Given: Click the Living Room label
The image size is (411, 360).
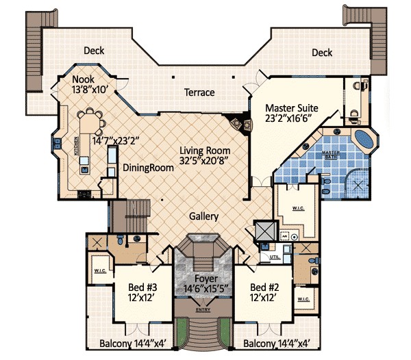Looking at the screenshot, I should point(205,151).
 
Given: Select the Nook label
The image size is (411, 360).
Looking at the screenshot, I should point(83,79).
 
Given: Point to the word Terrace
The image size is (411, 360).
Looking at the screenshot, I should point(199,92).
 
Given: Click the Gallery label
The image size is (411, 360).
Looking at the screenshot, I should point(203,216).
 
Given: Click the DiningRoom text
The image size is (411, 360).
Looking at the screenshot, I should point(146,168).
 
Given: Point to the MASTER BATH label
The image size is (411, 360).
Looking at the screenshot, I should point(332,155).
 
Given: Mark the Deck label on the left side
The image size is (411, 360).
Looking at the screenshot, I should point(94,51).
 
